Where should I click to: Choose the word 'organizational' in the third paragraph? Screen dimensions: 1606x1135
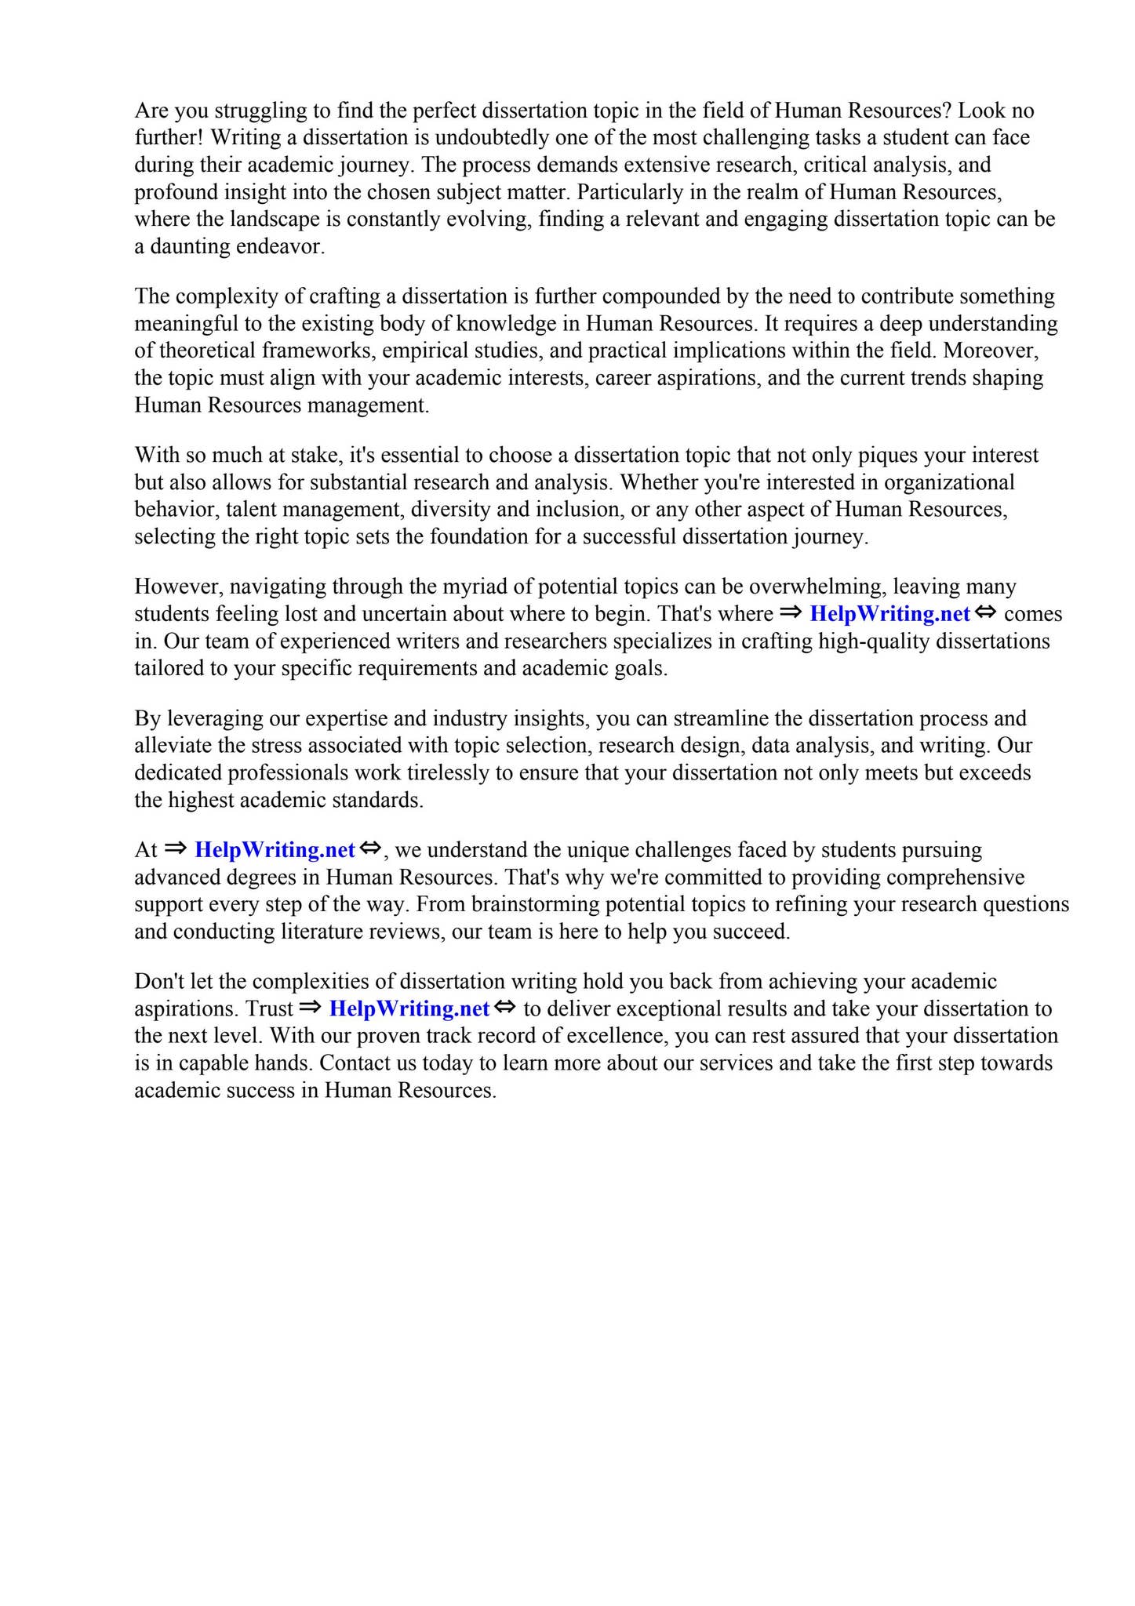(949, 482)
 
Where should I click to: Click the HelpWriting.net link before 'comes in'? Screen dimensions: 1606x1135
(889, 614)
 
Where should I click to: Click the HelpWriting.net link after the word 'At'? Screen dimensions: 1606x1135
(275, 850)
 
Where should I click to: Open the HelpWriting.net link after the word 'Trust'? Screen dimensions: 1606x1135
(409, 1008)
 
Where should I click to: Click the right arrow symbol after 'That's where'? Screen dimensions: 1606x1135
(791, 612)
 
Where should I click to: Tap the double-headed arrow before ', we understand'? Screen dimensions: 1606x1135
(369, 848)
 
